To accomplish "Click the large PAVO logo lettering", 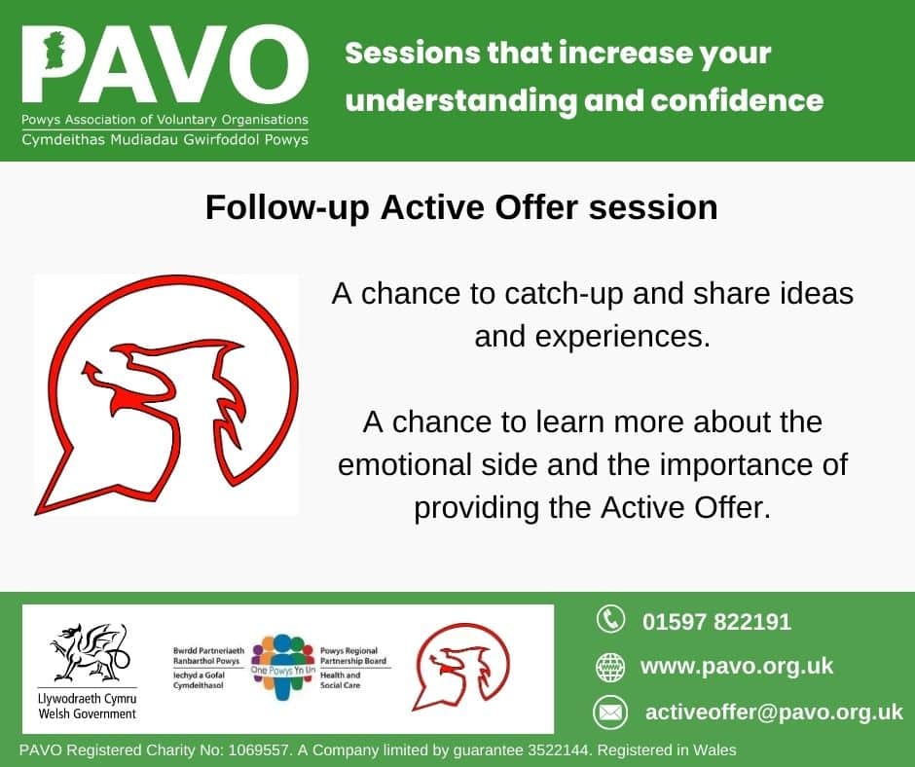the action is (x=165, y=65).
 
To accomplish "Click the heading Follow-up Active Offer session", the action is (x=461, y=207).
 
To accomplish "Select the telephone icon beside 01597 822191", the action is (x=610, y=619).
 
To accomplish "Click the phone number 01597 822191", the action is (x=716, y=622).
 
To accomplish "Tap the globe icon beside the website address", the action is (x=610, y=667).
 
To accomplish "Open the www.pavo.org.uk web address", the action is (x=737, y=667).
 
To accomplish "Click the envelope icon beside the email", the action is (x=610, y=712).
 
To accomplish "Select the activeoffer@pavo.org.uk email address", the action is (x=774, y=712).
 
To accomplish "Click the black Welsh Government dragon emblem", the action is (x=90, y=652).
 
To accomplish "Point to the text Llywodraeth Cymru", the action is (x=87, y=699).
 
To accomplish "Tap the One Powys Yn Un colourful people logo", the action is (x=282, y=667).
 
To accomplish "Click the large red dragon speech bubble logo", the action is (x=165, y=394).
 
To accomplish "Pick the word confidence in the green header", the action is (x=737, y=100).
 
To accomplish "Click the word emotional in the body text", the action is (x=404, y=465).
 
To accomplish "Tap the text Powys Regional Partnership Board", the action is (x=353, y=655).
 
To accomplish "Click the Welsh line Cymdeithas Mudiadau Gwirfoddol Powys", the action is (x=165, y=140).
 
